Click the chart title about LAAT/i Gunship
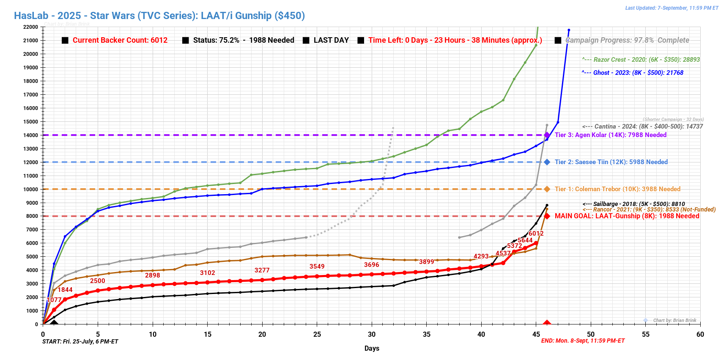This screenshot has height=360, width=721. tap(159, 16)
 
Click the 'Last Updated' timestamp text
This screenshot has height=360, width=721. tap(672, 8)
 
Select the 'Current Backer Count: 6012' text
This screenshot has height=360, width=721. tap(120, 40)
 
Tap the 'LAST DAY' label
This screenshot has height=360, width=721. tap(331, 40)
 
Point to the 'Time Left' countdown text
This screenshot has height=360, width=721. tap(455, 40)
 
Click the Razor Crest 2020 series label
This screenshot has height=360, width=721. tap(641, 60)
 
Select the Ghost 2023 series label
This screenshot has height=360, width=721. tap(632, 73)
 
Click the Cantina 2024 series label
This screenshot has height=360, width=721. tap(642, 126)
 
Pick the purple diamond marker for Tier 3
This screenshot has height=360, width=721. tap(547, 135)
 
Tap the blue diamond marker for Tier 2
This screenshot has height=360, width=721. tap(547, 162)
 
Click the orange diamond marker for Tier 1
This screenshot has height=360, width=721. tap(547, 189)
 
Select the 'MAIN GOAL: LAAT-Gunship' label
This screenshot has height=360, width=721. tap(627, 216)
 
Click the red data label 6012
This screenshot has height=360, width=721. tap(536, 234)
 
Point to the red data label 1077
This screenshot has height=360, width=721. tap(54, 300)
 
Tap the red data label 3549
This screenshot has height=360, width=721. tap(317, 267)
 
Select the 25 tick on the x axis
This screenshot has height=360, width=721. tap(317, 334)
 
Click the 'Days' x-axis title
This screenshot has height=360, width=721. tap(372, 348)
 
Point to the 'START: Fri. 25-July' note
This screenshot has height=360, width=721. tap(80, 341)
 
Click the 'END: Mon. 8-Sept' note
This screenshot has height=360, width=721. tap(583, 341)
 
